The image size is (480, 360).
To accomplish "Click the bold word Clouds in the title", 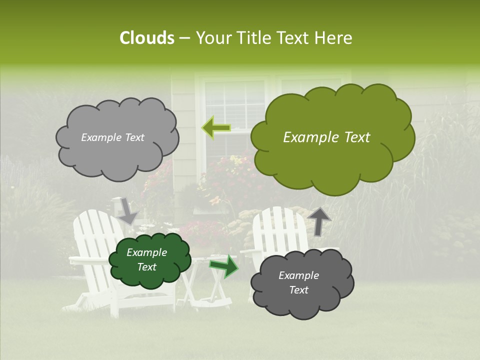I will tap(146, 38).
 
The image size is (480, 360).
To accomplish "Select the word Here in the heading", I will tap(334, 38).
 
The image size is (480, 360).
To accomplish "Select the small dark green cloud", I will tap(150, 260).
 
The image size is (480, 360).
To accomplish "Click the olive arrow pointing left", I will tap(216, 127).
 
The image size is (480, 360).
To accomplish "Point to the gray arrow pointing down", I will tap(127, 211).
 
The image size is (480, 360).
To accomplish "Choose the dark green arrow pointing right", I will tap(223, 265).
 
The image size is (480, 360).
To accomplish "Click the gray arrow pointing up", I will tap(319, 220).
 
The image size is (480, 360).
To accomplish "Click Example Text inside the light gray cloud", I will tap(112, 137).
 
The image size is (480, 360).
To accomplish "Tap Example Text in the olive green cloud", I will tap(326, 137).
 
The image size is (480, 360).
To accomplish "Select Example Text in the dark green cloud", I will tap(146, 260).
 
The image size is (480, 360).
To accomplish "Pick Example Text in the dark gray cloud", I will tap(298, 283).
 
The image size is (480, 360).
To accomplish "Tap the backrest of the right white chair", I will tap(278, 227).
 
